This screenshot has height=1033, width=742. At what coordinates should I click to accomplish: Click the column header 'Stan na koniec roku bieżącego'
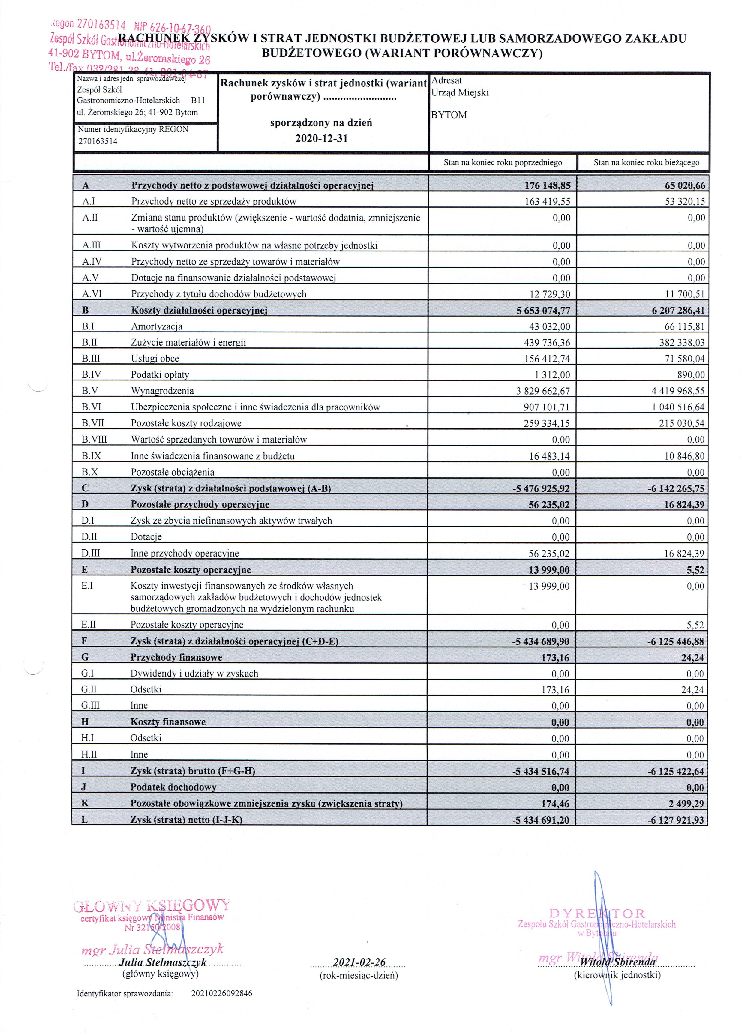pyautogui.click(x=646, y=163)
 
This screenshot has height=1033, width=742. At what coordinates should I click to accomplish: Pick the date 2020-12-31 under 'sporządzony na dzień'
pyautogui.click(x=321, y=138)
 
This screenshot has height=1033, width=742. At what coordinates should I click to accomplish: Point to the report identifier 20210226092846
pyautogui.click(x=221, y=993)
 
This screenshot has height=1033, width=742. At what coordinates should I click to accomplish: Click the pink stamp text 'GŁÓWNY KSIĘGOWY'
pyautogui.click(x=152, y=905)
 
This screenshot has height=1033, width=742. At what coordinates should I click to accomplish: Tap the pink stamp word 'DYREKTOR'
pyautogui.click(x=597, y=913)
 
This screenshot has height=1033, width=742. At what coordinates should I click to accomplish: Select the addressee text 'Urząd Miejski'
pyautogui.click(x=460, y=92)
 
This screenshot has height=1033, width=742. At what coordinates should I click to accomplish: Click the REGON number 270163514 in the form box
pyautogui.click(x=98, y=141)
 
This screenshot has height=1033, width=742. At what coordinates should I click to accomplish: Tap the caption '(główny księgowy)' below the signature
pyautogui.click(x=160, y=974)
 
